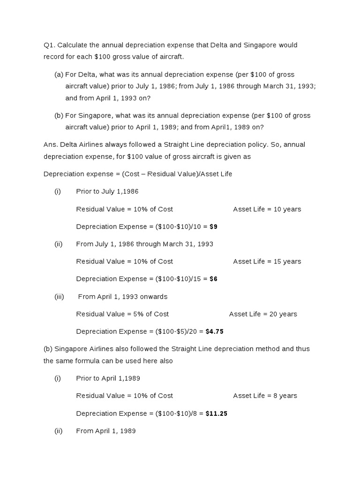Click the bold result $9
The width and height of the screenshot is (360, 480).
213,226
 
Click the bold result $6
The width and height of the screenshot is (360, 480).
213,279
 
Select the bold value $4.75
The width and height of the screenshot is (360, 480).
215,331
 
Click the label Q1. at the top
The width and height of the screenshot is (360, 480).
50,45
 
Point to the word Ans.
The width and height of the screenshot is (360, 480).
50,145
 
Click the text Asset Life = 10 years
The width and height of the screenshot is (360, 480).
267,209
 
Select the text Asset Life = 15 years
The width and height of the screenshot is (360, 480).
267,262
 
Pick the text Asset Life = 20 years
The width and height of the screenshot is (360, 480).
263,314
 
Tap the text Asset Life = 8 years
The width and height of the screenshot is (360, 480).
265,396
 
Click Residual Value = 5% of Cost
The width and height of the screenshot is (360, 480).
122,314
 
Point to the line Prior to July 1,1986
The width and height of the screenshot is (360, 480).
107,191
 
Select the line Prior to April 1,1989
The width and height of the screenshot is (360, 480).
108,378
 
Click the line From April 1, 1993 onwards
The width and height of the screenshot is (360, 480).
123,297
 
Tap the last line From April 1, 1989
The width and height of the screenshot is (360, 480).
106,431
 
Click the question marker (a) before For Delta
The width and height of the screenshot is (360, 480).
59,75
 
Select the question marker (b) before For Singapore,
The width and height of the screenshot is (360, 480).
59,115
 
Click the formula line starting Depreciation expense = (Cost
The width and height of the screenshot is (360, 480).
138,174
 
